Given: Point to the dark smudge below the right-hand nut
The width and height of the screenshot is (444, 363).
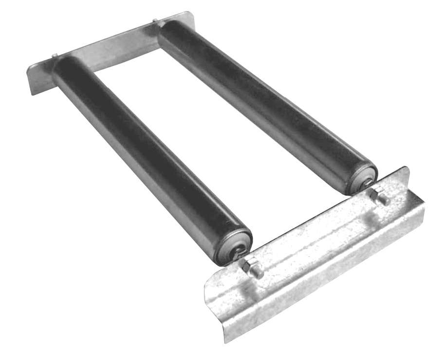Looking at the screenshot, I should click(374, 215).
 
